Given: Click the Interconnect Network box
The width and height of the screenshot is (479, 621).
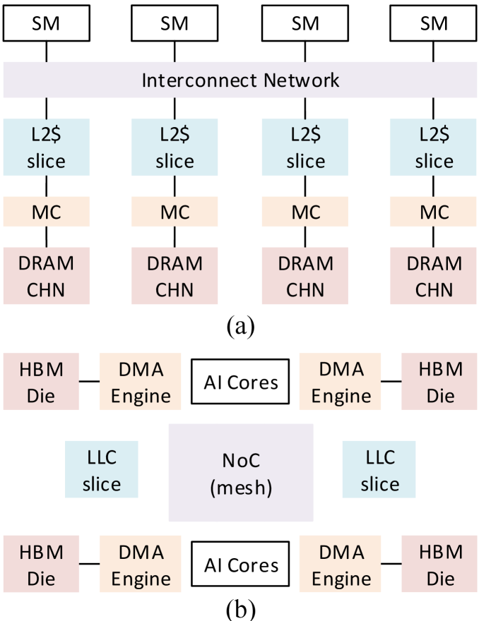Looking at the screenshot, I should (x=240, y=80).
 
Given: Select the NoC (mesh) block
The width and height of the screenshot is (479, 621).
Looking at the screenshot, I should (x=240, y=473).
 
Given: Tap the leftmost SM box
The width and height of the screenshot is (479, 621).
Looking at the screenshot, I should (x=46, y=23).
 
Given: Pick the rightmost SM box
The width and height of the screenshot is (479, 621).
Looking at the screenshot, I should (x=434, y=23).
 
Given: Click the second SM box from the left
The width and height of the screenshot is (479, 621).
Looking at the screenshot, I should (x=175, y=23).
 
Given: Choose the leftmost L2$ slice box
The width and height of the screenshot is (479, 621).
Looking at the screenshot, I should (x=46, y=147).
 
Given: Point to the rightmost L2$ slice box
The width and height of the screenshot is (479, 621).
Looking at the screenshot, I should (x=434, y=147).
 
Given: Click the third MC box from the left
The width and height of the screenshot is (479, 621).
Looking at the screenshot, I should (x=305, y=212).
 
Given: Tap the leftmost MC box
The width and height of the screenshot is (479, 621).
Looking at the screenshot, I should (x=46, y=212).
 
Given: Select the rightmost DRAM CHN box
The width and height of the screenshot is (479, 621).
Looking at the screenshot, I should (x=434, y=276).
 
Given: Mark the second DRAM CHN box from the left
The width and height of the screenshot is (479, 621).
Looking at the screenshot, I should (x=175, y=276).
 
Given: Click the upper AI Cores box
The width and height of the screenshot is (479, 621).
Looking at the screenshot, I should (x=240, y=382).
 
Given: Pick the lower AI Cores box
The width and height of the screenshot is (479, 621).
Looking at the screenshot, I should (x=240, y=565).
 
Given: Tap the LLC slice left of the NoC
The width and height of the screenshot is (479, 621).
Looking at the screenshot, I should (x=102, y=470).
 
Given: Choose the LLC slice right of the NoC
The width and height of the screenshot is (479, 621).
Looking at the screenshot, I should (x=379, y=470).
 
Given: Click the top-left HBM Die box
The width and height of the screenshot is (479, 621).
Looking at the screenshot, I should (x=41, y=382).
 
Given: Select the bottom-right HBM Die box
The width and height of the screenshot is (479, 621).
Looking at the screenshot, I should (x=440, y=565).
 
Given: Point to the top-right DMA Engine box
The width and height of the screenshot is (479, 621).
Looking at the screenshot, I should (x=341, y=382).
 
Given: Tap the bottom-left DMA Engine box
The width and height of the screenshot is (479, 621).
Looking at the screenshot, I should (x=141, y=565).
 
